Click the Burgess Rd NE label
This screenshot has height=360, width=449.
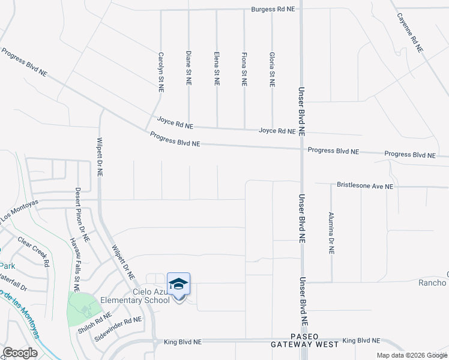[274, 10]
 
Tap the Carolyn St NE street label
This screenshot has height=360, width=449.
[161, 71]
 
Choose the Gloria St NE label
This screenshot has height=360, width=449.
[272, 69]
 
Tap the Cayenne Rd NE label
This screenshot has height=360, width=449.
[410, 32]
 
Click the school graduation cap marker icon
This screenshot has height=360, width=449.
[178, 284]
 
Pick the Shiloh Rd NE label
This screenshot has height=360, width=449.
[95, 323]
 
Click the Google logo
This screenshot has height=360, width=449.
[20, 353]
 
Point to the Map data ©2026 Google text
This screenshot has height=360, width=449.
[411, 355]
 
